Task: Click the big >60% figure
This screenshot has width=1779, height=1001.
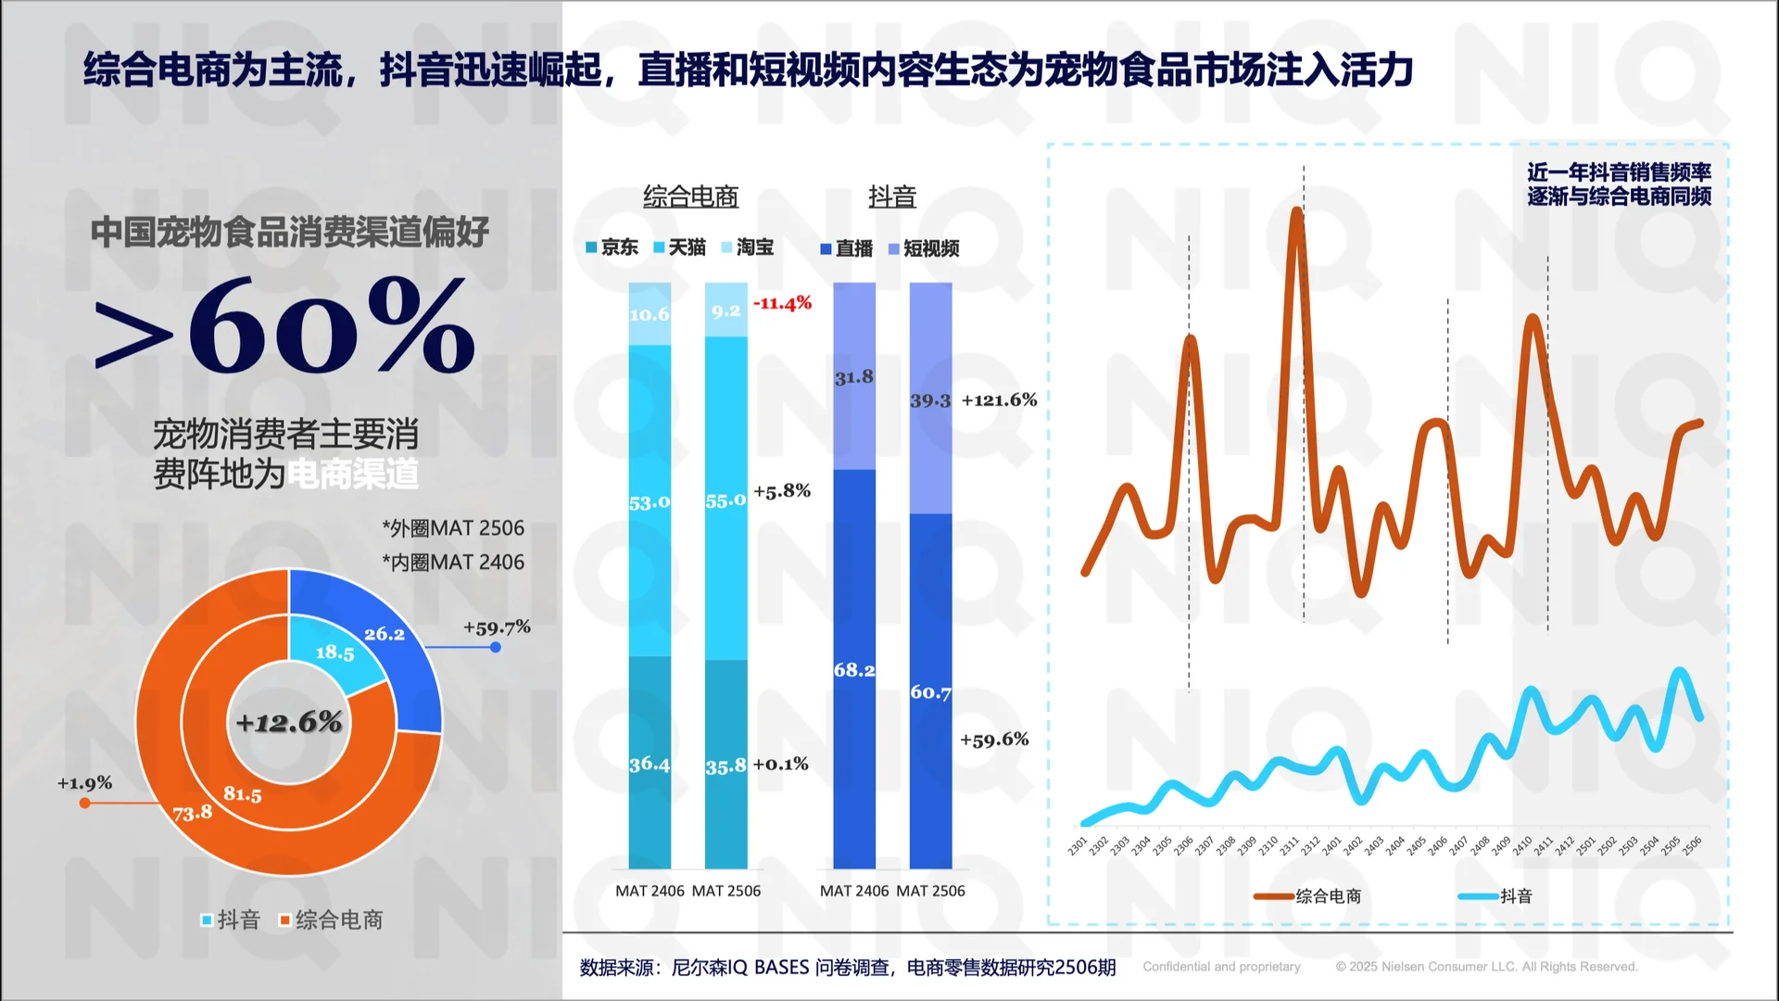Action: click(285, 326)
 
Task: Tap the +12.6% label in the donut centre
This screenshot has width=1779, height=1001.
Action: click(289, 722)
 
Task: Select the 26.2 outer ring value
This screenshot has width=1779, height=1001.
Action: click(385, 634)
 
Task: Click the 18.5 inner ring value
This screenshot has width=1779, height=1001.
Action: click(334, 653)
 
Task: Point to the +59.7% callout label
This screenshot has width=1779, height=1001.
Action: click(497, 627)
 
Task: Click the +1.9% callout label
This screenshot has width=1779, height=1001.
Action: click(84, 783)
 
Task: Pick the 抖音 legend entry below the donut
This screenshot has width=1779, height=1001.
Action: click(231, 919)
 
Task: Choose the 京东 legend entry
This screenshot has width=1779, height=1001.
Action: click(612, 247)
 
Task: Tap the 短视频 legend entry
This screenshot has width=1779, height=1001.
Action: click(924, 248)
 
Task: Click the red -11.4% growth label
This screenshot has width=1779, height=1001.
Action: click(782, 303)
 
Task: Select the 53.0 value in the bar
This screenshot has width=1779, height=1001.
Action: click(649, 502)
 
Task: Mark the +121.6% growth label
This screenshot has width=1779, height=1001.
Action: click(999, 400)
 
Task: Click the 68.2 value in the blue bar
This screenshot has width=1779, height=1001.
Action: click(853, 669)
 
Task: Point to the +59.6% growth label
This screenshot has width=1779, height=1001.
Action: click(994, 740)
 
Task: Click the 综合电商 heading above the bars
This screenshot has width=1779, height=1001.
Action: click(690, 196)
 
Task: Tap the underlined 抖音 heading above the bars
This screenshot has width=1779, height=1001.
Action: click(891, 196)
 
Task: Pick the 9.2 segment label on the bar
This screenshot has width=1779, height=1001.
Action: click(725, 310)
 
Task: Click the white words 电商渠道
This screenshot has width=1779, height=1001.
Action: click(352, 475)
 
